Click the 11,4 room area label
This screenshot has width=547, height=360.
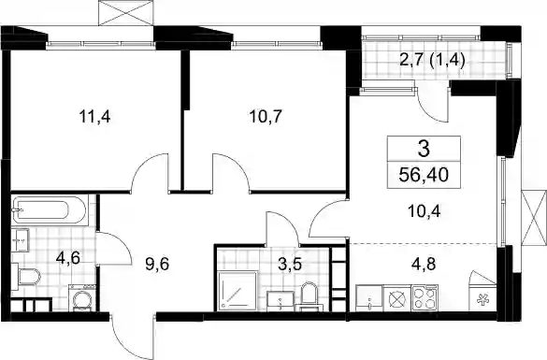[94, 116]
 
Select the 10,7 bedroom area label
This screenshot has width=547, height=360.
[266, 116]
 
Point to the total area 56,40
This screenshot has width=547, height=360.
[424, 175]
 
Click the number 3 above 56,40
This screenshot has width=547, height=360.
[424, 149]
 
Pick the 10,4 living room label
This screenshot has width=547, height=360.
[424, 211]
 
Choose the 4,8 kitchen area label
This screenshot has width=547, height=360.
[423, 264]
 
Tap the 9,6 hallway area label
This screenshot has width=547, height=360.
[157, 264]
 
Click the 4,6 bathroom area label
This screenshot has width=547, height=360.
[68, 258]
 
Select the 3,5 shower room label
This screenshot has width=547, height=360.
[289, 264]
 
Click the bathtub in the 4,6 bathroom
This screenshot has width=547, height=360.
[49, 210]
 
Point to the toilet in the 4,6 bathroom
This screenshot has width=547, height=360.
[26, 277]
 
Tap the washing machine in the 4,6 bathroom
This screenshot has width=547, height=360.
[83, 297]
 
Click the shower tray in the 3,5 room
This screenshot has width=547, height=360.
[238, 292]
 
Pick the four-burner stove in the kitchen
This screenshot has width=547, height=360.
[425, 297]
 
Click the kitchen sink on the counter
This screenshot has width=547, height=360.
[369, 297]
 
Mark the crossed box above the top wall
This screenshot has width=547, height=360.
[126, 13]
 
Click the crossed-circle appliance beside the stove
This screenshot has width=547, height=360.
[397, 298]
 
